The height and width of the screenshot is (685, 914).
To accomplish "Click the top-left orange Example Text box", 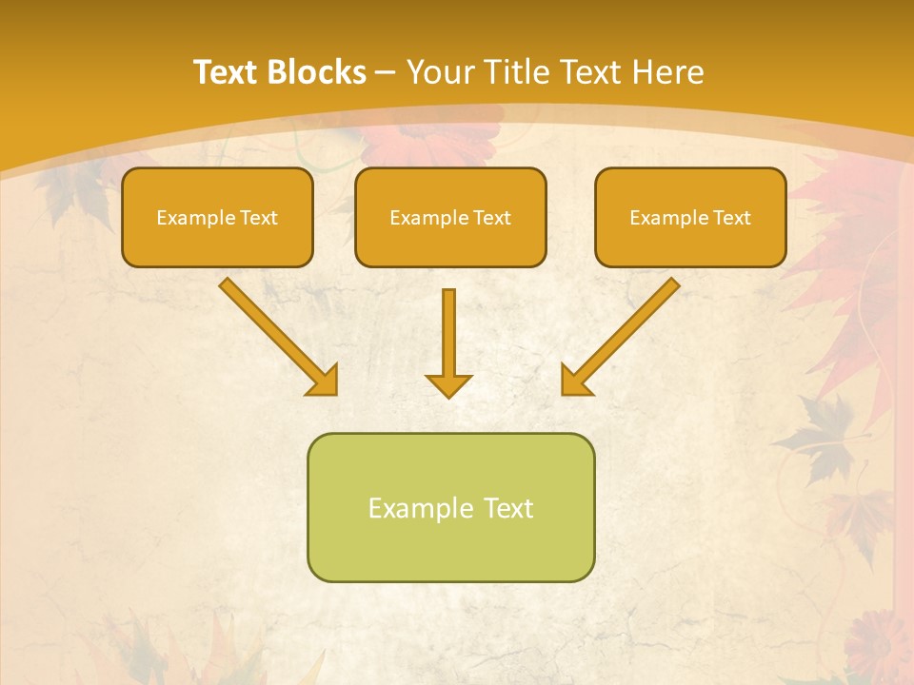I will point(217,218).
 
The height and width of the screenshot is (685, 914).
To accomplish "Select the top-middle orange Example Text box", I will point(450,218).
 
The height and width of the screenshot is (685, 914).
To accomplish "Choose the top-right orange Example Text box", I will point(690,218).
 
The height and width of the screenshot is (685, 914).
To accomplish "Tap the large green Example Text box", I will point(450,507).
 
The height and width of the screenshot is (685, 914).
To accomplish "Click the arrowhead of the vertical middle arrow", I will point(448,384).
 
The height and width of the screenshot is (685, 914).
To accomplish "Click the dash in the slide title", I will point(386,73).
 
